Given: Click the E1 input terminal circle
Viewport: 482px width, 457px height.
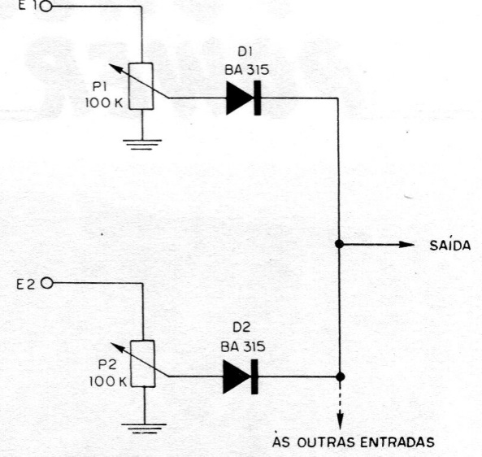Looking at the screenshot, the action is (x=46, y=7).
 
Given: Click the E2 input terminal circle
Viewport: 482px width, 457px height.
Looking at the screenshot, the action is (x=47, y=283).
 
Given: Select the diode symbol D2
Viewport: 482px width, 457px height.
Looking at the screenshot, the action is (x=241, y=376).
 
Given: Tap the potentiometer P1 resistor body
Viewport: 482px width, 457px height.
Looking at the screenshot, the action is (x=141, y=86).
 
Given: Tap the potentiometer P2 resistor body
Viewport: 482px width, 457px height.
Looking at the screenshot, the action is (x=143, y=363).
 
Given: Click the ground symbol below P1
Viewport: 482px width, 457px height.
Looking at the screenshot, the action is (x=142, y=145).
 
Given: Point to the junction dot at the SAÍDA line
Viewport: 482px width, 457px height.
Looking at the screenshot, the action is (x=340, y=244).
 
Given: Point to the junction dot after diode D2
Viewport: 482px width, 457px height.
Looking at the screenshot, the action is (x=340, y=376).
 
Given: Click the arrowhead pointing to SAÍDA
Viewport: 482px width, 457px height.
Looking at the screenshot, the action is (x=406, y=245).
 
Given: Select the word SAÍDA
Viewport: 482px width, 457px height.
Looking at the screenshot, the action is (x=450, y=245).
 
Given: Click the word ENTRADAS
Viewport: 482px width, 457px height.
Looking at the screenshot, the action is (x=397, y=442).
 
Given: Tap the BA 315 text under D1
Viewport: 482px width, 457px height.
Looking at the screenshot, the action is (x=247, y=70).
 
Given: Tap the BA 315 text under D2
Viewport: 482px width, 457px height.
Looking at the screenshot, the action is (x=243, y=347).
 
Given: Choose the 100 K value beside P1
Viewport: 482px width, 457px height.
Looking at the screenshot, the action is (x=104, y=102).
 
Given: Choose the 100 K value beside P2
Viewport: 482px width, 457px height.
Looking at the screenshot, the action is (x=108, y=381).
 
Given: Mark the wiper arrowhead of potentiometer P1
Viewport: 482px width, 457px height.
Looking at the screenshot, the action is (x=113, y=67).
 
